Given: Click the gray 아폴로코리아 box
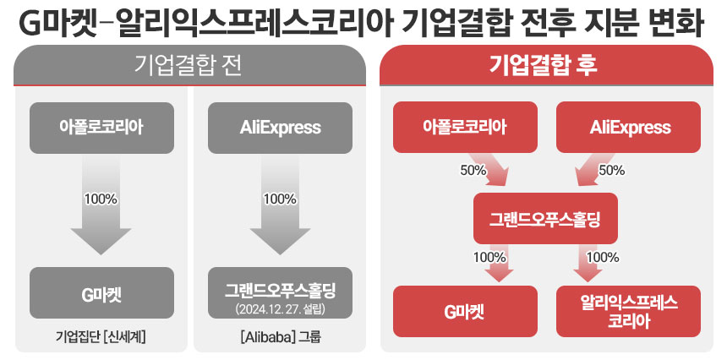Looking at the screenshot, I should [101, 128].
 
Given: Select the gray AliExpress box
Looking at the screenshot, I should [280, 128].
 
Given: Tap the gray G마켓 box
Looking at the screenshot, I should [101, 293].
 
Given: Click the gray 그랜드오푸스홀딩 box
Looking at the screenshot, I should [280, 290].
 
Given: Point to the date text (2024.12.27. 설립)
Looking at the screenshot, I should [280, 309].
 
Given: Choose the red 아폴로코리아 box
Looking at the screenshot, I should [465, 128].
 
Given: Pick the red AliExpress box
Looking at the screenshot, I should [630, 128].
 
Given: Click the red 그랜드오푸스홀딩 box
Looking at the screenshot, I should [545, 219].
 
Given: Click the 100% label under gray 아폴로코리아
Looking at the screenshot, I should [101, 199].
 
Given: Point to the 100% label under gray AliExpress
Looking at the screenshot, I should [280, 199].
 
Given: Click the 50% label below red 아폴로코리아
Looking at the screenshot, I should [473, 170].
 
